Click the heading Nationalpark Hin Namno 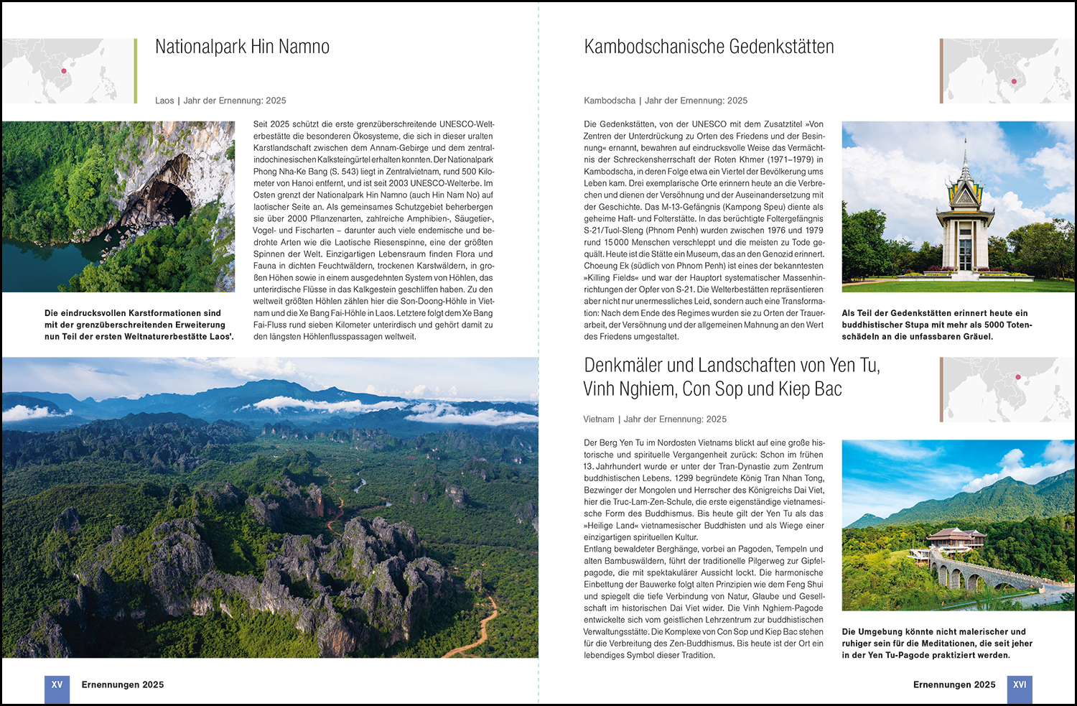(242, 47)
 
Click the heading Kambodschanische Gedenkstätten (709, 47)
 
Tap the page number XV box (57, 686)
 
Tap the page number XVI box (1020, 686)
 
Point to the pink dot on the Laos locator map (64, 70)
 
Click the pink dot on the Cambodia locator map (1014, 81)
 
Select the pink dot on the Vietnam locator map (1018, 376)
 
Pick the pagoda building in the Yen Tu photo (955, 540)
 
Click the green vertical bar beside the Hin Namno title (136, 70)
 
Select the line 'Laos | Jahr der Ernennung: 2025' (220, 101)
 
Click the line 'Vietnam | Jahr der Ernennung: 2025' (655, 419)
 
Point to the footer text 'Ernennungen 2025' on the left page (123, 685)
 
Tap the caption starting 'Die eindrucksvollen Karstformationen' (139, 325)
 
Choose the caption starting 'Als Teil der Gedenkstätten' (937, 325)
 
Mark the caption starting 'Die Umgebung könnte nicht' (937, 644)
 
